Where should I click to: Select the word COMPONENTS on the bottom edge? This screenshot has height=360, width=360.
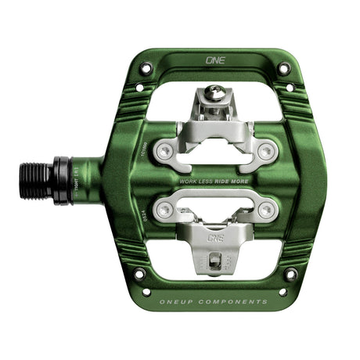(x=236, y=301)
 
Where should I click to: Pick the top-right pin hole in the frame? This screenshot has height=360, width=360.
(x=283, y=68)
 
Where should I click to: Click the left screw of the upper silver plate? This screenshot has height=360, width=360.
(x=164, y=151)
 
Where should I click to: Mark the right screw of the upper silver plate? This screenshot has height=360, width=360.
(x=267, y=151)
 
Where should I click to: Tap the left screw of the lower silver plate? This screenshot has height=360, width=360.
(x=164, y=209)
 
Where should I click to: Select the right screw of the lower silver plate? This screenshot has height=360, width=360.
(x=267, y=209)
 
